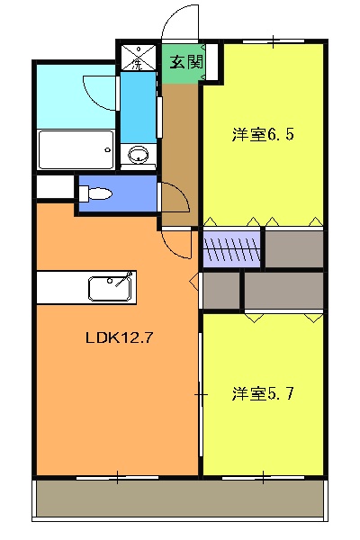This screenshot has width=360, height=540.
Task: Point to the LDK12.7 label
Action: pos(117,339)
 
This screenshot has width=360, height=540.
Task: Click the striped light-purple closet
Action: pos(232,249)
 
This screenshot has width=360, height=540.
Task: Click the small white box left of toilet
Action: pos(55,187)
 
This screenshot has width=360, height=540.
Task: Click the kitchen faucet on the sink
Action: pos(128,276)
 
